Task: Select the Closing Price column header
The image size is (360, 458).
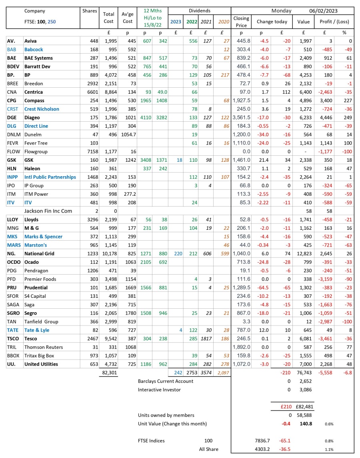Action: pyautogui.click(x=241, y=22)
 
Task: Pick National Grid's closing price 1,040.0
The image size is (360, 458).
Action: pyautogui.click(x=241, y=253)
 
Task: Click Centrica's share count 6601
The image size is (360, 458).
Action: pyautogui.click(x=88, y=92)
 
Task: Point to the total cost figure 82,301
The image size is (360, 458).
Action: pyautogui.click(x=109, y=372)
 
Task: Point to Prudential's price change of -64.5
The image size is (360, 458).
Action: pyautogui.click(x=262, y=287)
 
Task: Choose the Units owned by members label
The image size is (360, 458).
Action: pyautogui.click(x=166, y=415)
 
